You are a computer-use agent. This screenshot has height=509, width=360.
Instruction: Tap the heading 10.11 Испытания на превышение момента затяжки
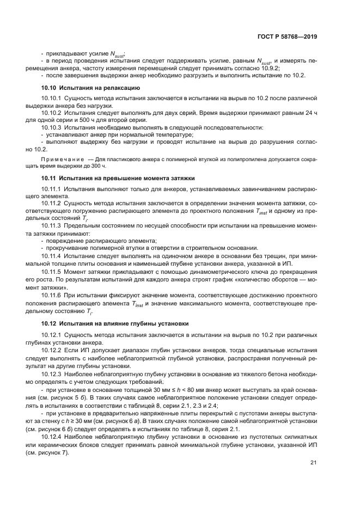click(118, 178)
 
